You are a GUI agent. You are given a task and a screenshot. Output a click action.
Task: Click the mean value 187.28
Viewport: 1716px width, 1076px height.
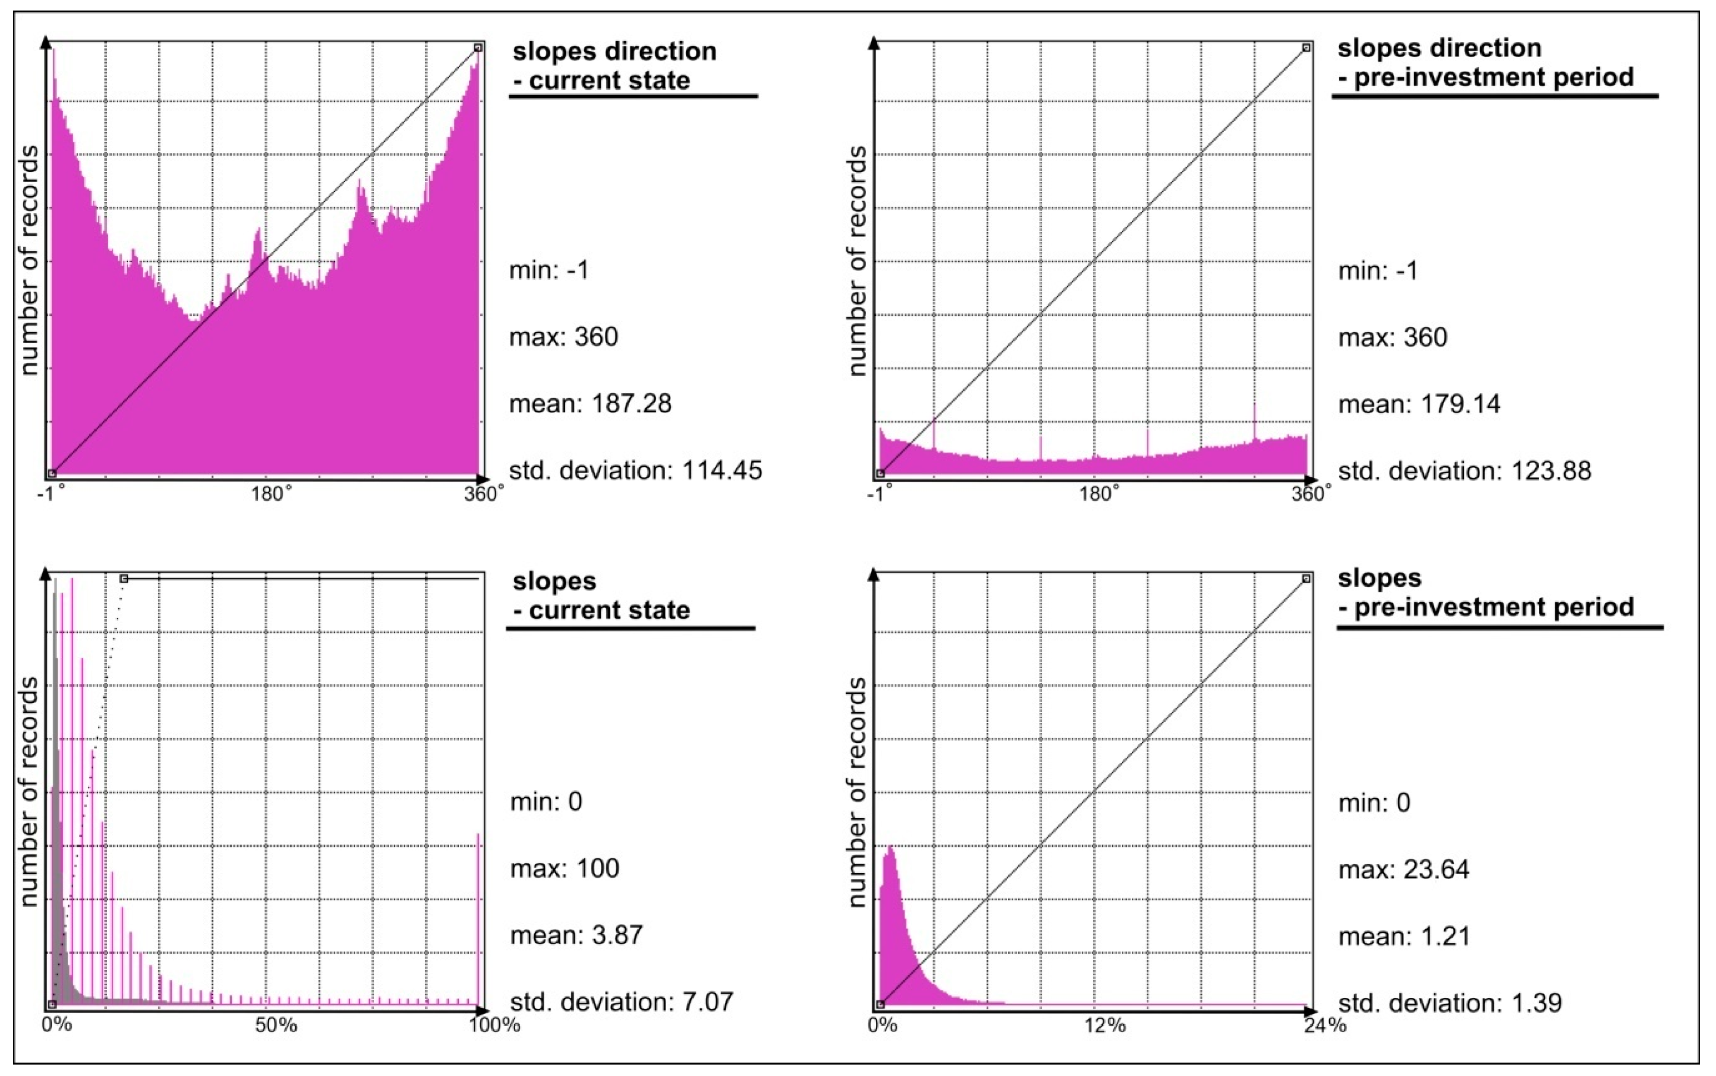pos(590,404)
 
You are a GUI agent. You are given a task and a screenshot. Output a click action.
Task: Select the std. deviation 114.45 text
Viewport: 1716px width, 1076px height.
pos(635,470)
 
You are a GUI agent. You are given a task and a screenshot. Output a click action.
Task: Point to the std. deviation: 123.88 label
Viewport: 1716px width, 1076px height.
pos(1464,471)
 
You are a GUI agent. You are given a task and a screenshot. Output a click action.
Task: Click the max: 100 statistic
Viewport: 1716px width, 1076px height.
pos(565,868)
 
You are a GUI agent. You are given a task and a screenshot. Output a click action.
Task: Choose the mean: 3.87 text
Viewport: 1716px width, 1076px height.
pos(576,935)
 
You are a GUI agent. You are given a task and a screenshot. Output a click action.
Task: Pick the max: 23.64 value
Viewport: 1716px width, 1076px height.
pos(1404,870)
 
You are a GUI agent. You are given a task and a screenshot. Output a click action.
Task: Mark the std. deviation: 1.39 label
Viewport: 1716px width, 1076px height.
pos(1450,1003)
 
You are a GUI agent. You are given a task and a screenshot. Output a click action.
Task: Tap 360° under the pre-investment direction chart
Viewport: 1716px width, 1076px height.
pos(1311,494)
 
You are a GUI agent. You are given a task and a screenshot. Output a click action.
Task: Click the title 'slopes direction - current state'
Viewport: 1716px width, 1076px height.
pos(615,65)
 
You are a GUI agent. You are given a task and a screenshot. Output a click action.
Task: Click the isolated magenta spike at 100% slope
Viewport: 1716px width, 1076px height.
pos(478,918)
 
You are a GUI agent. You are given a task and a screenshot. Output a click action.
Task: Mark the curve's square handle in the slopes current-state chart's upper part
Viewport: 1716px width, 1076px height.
pos(124,579)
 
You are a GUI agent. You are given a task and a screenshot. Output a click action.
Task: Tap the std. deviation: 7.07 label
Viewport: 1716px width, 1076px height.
pos(621,1002)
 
